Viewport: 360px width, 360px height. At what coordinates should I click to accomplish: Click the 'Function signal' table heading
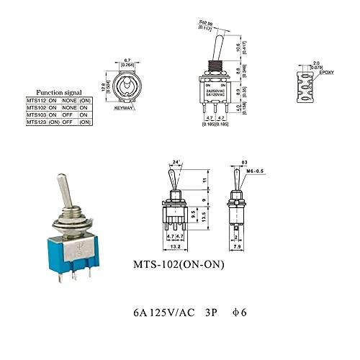coord(60,92)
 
